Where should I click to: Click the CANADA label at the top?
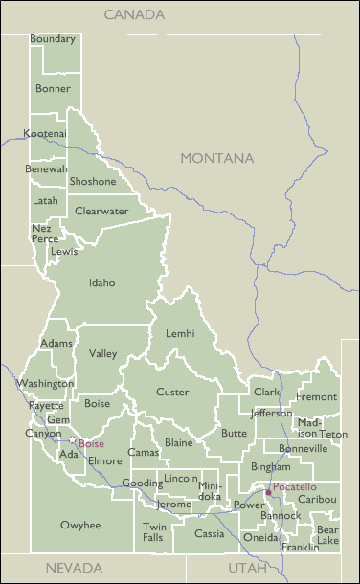point(134,15)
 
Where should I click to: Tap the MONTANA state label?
point(217,158)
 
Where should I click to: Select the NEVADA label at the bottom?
point(74,567)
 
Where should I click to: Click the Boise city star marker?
point(72,440)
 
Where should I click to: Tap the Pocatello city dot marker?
point(268,493)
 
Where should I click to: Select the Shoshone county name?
point(93,182)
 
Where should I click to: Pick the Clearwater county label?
point(101,211)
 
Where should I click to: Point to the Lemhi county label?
point(180,333)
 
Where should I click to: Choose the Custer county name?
point(172,393)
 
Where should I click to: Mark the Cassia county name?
point(210,533)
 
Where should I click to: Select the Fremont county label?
point(316,396)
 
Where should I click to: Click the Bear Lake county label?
point(327,535)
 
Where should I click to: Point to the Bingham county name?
point(270,466)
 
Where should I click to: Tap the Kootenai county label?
point(45,133)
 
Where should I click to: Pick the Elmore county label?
point(105,460)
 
